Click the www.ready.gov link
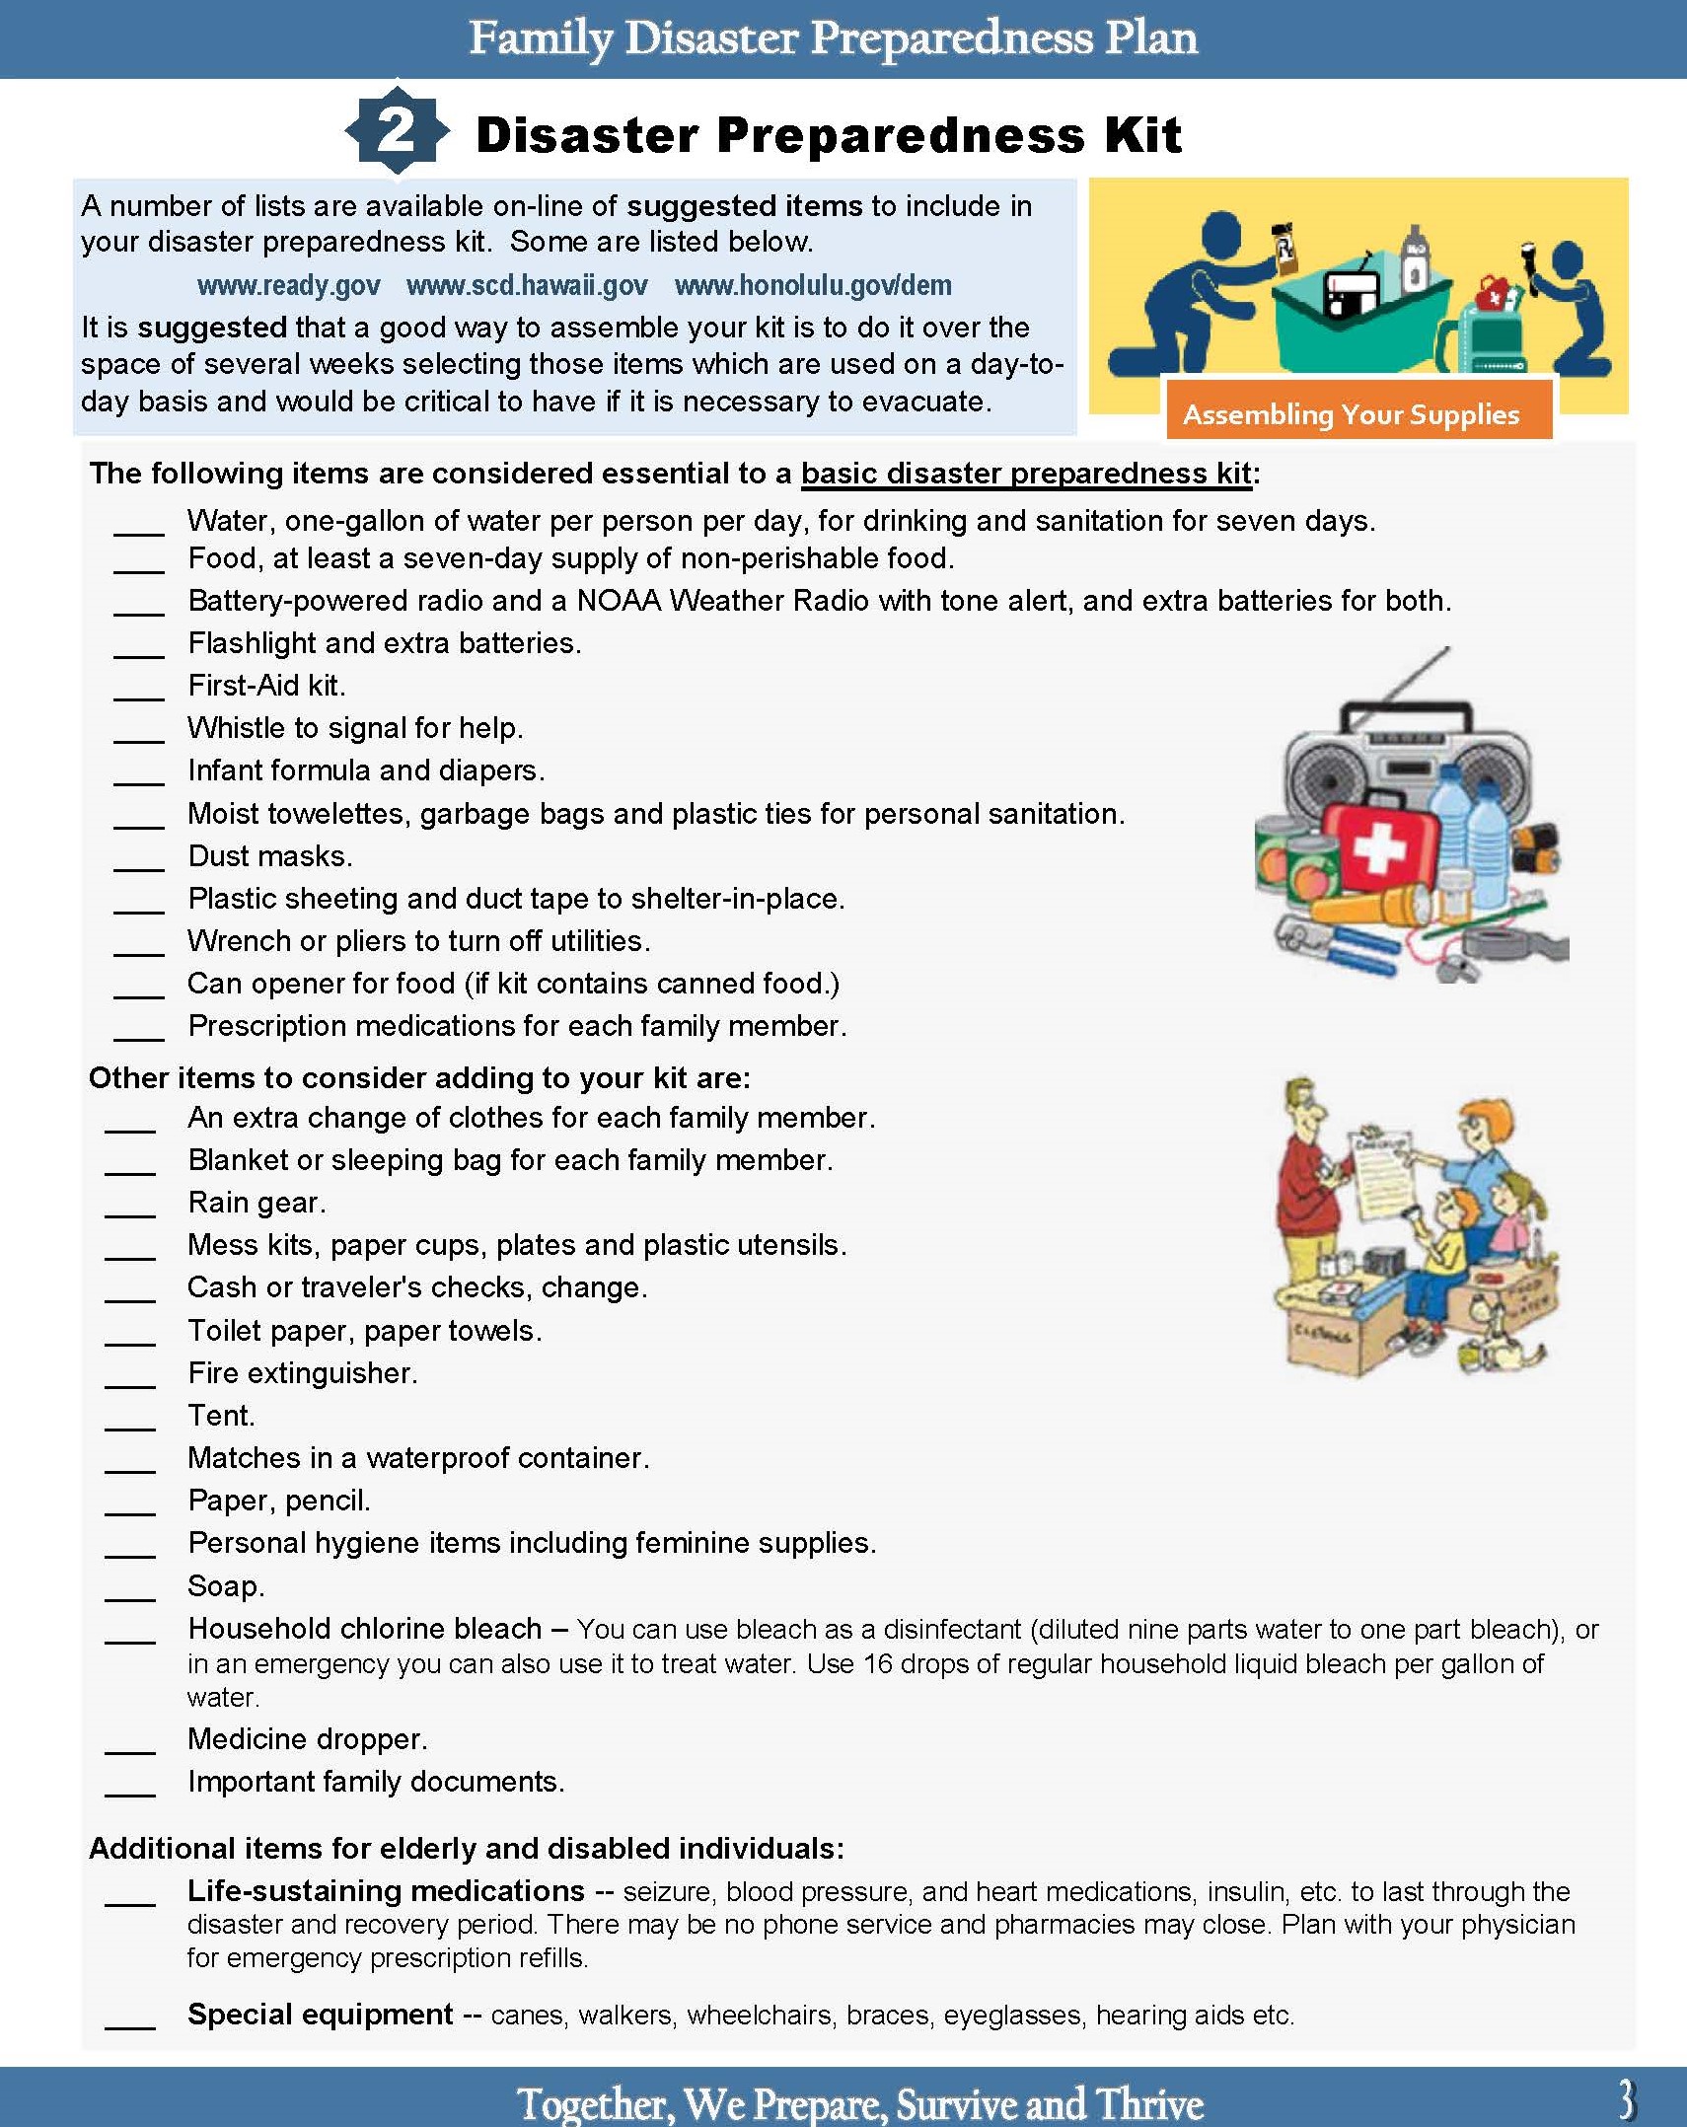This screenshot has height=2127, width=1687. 288,286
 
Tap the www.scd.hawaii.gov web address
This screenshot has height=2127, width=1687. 527,286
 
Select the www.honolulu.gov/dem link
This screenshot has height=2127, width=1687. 813,286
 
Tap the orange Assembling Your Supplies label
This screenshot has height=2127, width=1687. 1351,414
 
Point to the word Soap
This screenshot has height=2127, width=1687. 226,1586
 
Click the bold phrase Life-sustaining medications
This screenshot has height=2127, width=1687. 386,1891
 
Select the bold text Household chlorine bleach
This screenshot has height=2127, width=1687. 365,1629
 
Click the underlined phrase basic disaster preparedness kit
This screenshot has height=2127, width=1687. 1026,474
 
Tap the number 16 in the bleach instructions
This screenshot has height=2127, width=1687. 878,1664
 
